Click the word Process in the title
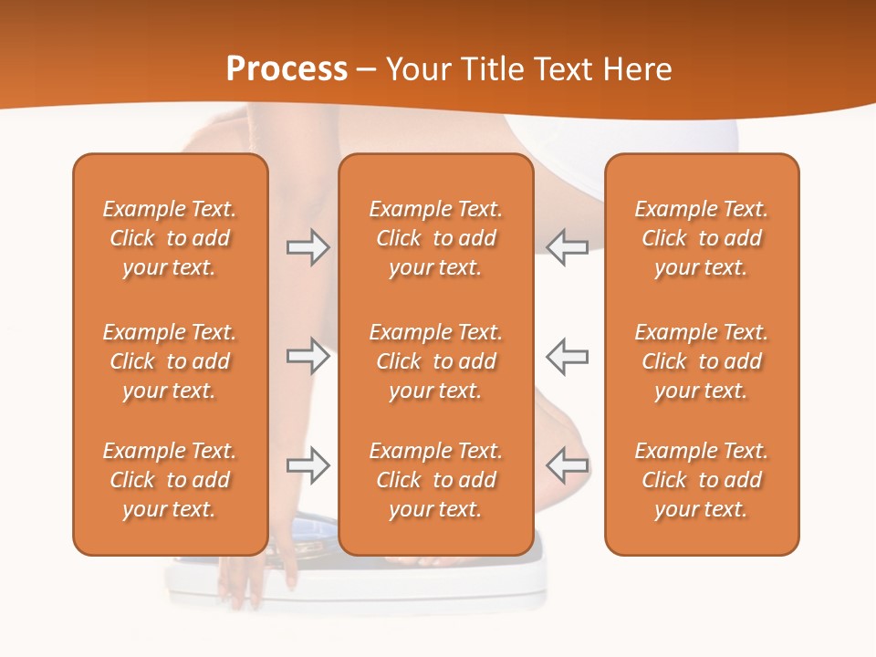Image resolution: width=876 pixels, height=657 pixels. click(287, 69)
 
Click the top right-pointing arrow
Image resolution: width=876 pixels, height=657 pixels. click(308, 247)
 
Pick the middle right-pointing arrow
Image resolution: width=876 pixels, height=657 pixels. click(308, 356)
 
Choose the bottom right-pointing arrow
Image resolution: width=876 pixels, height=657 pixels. click(308, 465)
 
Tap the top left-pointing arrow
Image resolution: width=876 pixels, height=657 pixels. click(568, 247)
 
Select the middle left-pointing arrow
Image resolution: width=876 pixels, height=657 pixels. click(568, 356)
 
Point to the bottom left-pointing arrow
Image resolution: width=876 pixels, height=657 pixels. click(568, 465)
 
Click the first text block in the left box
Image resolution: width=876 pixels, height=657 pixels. click(170, 238)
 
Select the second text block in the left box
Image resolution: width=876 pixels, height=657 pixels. click(170, 361)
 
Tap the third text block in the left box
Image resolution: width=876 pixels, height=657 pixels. click(170, 480)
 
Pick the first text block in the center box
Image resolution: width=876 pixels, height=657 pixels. click(436, 238)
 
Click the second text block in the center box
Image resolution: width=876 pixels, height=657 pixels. click(436, 361)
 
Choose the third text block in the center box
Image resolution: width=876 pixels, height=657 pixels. click(436, 480)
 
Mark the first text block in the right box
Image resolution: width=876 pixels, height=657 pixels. click(702, 238)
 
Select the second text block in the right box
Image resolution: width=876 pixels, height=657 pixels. click(702, 361)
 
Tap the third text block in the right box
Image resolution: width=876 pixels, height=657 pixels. click(702, 480)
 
